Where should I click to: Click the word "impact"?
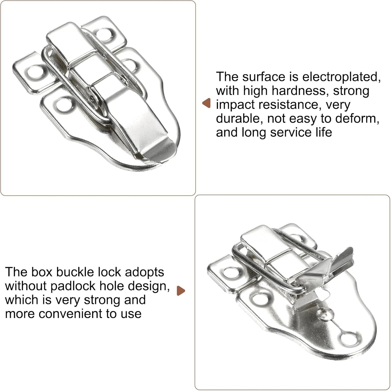(x=235, y=105)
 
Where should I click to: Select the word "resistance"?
(x=289, y=105)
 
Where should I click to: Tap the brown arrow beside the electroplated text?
(x=206, y=103)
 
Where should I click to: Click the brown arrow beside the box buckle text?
(x=180, y=291)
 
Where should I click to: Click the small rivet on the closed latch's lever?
(x=93, y=100)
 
